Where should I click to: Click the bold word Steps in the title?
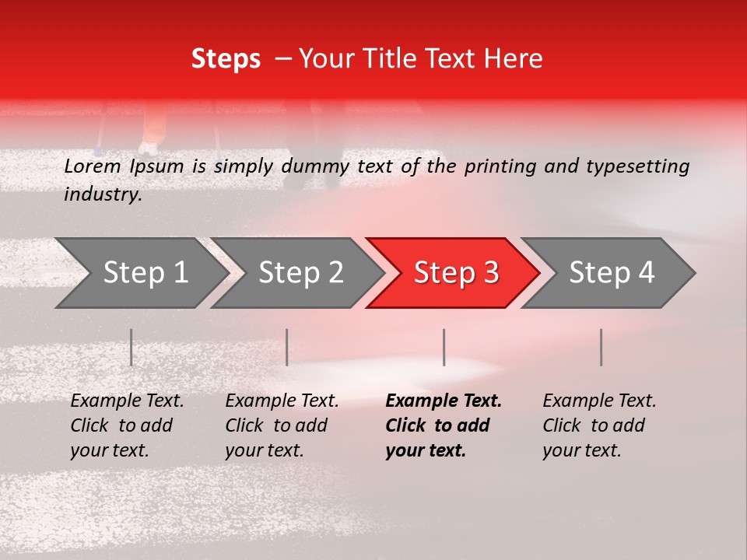pos(226,59)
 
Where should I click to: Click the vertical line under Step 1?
pos(131,347)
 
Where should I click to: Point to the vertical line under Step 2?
pos(287,347)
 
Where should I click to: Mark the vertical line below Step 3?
pos(444,347)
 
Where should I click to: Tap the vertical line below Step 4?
pos(601,347)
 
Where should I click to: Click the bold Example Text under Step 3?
pos(444,401)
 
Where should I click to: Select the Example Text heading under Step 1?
pos(127,401)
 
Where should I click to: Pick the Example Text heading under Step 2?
pos(282,401)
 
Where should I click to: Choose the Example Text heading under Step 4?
pos(599,401)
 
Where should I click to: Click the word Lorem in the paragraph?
pos(93,166)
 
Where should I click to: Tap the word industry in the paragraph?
pos(102,194)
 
